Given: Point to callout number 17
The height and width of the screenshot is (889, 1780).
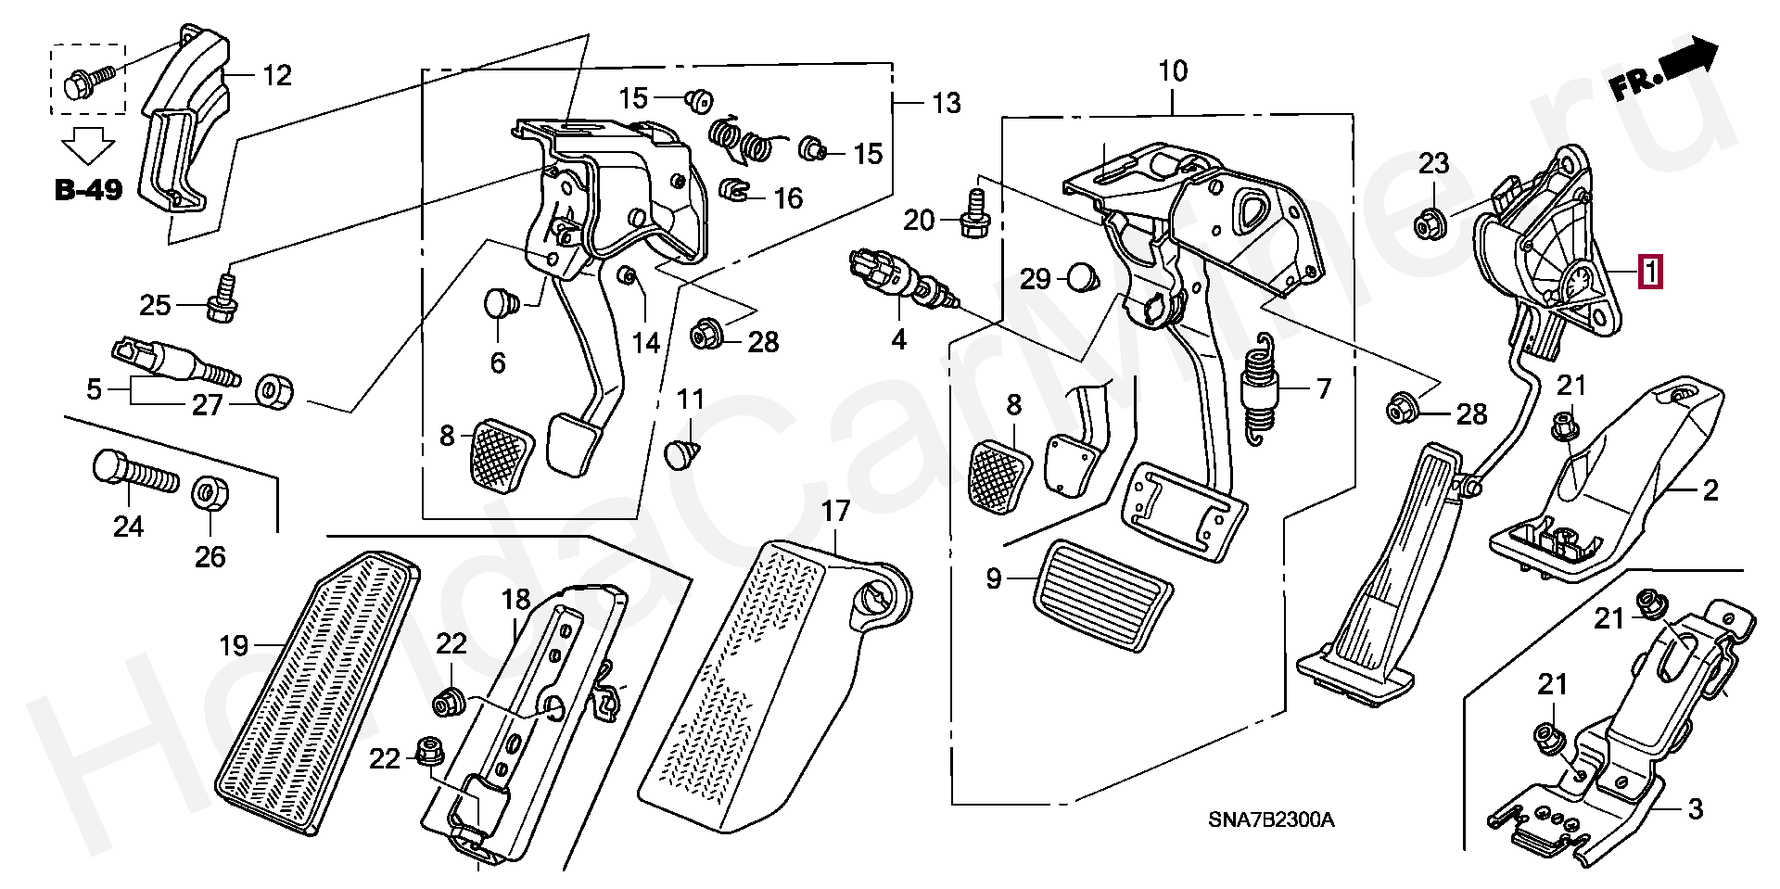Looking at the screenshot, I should pyautogui.click(x=835, y=511).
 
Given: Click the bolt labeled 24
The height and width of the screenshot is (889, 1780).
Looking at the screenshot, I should pyautogui.click(x=133, y=474).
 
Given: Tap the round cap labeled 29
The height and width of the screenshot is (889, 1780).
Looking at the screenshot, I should pyautogui.click(x=1081, y=276).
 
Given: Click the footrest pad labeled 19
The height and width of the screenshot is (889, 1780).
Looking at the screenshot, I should pyautogui.click(x=315, y=686).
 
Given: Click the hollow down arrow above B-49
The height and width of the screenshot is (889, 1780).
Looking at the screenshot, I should pyautogui.click(x=87, y=146).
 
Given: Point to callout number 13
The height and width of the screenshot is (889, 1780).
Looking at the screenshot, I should pyautogui.click(x=947, y=103).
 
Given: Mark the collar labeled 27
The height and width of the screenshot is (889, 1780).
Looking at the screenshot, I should pyautogui.click(x=273, y=390).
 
